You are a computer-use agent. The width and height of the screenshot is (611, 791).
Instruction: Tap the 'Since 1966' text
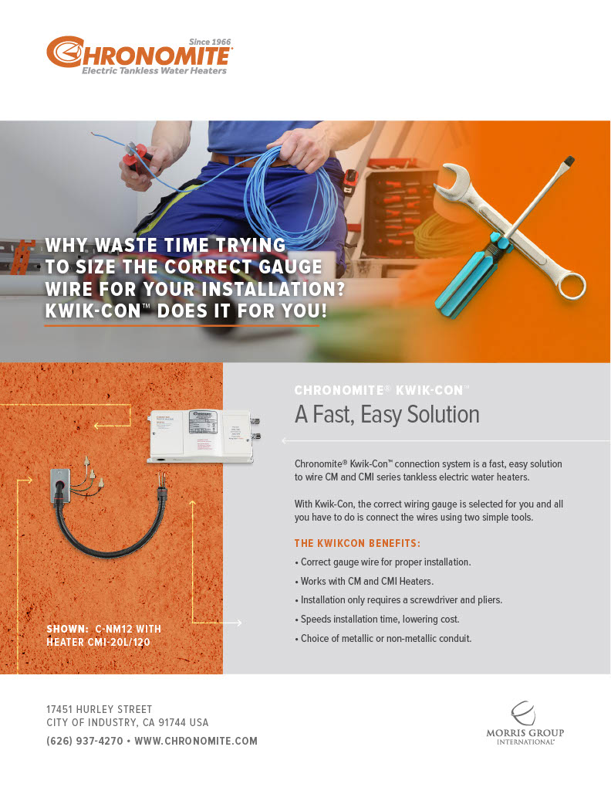(210, 42)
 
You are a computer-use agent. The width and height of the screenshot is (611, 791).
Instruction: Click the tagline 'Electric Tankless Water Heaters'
(154, 71)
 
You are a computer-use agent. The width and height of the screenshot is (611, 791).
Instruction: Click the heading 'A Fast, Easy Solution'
(387, 415)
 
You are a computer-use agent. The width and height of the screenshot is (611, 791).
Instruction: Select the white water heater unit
(202, 436)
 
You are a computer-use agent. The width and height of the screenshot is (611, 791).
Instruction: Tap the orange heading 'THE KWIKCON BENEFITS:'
(357, 543)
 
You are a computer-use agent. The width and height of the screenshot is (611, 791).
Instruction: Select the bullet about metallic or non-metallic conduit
(383, 638)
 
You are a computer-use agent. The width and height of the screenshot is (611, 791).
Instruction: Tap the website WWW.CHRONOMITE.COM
(196, 741)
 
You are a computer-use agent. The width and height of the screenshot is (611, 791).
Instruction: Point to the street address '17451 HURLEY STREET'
(100, 709)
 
